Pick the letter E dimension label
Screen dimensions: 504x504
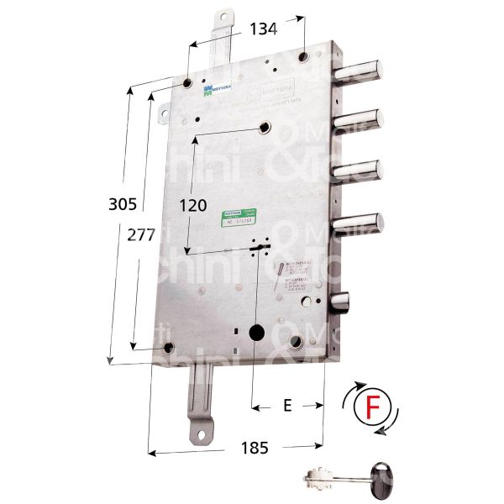pos(287,406)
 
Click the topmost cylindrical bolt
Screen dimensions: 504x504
pos(364,70)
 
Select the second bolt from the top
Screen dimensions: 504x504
pos(364,120)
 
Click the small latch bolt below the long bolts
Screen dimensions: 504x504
pos(341,300)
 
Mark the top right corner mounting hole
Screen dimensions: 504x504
pos(305,57)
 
